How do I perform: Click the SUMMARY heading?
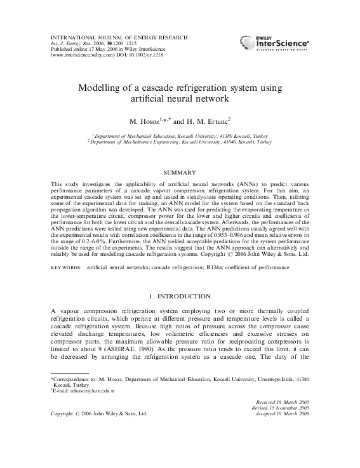[180, 172]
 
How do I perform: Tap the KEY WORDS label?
[65, 268]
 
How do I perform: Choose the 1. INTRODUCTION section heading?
[180, 297]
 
